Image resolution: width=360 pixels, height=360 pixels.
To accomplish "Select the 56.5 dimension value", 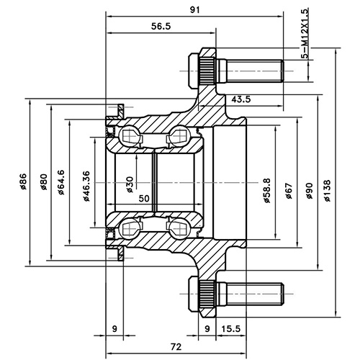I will coord(160,27).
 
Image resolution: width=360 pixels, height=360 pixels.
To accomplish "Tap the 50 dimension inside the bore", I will coord(144,197).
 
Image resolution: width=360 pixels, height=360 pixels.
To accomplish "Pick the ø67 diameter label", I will coord(288,190).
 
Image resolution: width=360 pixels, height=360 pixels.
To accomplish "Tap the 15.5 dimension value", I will coord(231,329).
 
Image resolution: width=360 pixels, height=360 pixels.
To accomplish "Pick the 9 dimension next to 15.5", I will coord(207,329).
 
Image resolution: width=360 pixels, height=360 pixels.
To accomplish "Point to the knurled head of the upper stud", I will coord(204,70).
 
